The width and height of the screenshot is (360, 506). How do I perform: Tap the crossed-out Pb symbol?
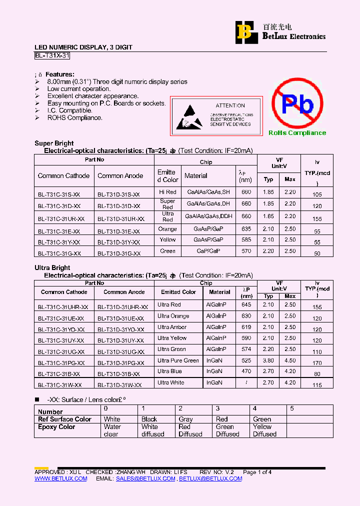pyautogui.click(x=297, y=104)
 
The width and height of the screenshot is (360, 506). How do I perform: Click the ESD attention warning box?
pyautogui.click(x=216, y=115)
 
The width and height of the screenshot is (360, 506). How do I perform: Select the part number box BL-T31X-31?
pyautogui.click(x=52, y=56)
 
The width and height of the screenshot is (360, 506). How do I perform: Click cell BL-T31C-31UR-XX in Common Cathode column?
pyautogui.click(x=61, y=218)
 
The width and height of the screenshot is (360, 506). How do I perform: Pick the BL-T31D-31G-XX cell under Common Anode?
pyautogui.click(x=118, y=253)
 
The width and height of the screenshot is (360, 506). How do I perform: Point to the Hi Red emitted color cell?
pyautogui.click(x=167, y=192)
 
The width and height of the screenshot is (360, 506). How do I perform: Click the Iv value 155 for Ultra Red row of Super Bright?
pyautogui.click(x=317, y=219)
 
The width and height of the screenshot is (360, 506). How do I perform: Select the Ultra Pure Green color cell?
pyautogui.click(x=178, y=360)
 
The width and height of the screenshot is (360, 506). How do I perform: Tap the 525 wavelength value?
pyautogui.click(x=246, y=360)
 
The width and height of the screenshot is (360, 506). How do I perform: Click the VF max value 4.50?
pyautogui.click(x=290, y=360)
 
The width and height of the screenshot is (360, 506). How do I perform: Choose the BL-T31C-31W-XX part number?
pyautogui.click(x=59, y=384)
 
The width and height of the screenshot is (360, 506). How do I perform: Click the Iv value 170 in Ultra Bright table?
pyautogui.click(x=317, y=362)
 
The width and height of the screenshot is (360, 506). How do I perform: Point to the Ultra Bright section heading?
pyautogui.click(x=52, y=268)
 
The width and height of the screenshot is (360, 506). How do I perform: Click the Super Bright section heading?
pyautogui.click(x=54, y=143)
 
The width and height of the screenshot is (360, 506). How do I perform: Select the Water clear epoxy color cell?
pyautogui.click(x=112, y=430)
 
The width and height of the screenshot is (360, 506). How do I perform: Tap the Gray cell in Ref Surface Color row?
pyautogui.click(x=185, y=419)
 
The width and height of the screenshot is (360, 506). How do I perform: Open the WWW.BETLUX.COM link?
pyautogui.click(x=61, y=478)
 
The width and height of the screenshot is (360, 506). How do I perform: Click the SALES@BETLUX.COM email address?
pyautogui.click(x=145, y=478)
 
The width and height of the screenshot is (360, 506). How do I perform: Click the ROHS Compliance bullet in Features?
pyautogui.click(x=74, y=118)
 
